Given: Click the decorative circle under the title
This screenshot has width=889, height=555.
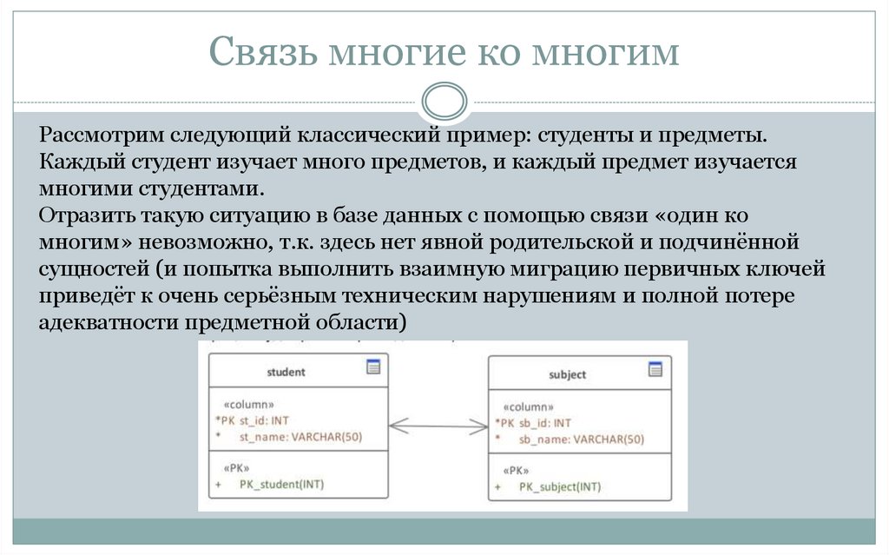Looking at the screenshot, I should (444, 102).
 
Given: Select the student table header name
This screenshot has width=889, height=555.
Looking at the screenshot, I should (286, 372).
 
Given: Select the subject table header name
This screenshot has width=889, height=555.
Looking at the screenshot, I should (567, 374).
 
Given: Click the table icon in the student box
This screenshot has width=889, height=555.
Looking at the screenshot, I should (373, 367).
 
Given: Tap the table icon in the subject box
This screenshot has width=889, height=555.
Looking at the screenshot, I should (655, 368).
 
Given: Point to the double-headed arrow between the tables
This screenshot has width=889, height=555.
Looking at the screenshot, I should (438, 426).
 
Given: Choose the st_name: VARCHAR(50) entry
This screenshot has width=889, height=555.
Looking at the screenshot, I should (300, 436).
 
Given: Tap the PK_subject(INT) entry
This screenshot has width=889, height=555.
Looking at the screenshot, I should (559, 487).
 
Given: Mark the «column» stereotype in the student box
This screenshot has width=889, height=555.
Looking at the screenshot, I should (249, 404).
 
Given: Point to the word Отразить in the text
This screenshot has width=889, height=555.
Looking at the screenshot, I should (82, 215).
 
